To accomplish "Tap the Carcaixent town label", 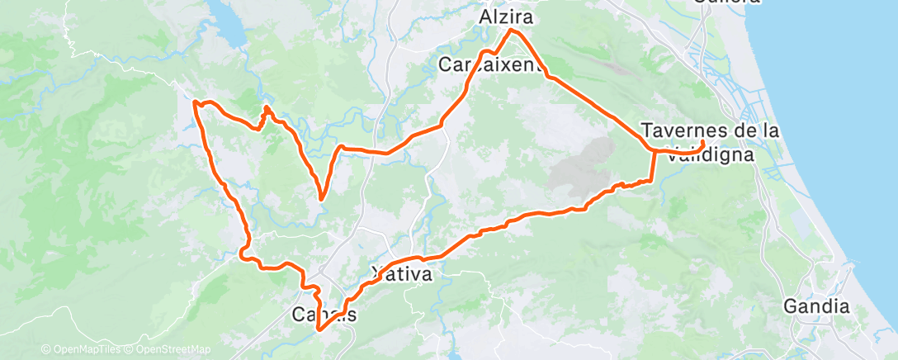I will point(492,64).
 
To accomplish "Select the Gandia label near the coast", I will point(817,306).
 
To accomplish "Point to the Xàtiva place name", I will point(402,272).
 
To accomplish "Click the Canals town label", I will point(324,315).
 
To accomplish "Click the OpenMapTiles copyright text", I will point(81,349).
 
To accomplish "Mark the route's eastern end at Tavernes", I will point(702,144).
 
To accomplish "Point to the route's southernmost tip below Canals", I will point(319,329).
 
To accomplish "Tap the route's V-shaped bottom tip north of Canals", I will point(320,198).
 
